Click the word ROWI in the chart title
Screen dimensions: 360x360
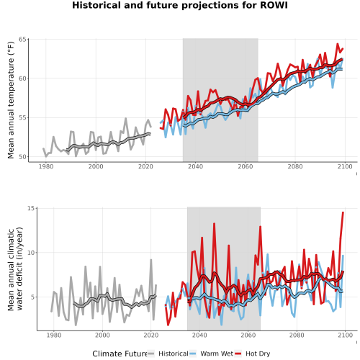coord(274,5)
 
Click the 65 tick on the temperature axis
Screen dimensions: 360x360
coord(22,39)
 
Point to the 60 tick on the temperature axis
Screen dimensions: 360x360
coord(22,78)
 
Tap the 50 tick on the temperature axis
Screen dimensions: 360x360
coord(22,157)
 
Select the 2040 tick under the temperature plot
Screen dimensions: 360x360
coord(195,166)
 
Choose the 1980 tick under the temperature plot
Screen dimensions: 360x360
coord(46,166)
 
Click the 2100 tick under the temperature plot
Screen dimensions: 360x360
coord(345,166)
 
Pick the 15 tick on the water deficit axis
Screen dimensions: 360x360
coord(31,208)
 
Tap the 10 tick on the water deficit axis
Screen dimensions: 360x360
coord(31,253)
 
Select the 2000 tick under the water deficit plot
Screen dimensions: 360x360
coord(102,335)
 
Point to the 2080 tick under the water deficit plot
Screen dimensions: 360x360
coord(297,335)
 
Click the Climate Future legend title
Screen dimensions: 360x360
coord(120,354)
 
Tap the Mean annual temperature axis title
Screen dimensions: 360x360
coord(11,100)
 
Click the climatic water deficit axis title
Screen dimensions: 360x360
coord(15,269)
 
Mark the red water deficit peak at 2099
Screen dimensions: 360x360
coord(343,212)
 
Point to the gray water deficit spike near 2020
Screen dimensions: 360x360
coord(151,259)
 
